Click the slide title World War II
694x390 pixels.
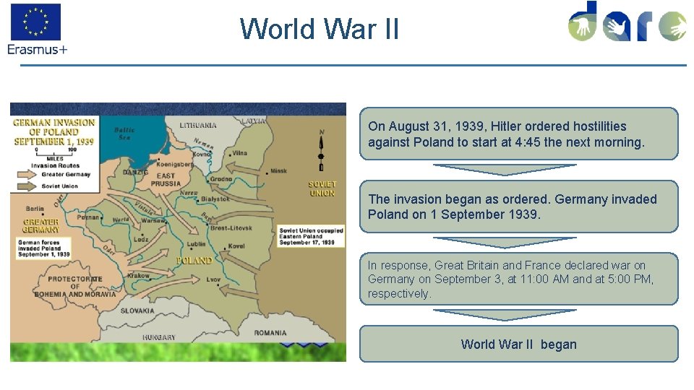pos(319,29)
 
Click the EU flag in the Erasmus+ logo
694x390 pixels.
pos(35,22)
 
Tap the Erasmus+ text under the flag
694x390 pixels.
pos(38,49)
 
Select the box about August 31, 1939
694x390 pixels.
pos(518,134)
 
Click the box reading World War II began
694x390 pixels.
pos(518,344)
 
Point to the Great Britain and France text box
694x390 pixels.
pos(518,279)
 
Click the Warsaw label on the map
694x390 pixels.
pos(154,220)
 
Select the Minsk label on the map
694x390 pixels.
pos(278,172)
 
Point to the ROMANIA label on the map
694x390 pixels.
pos(270,333)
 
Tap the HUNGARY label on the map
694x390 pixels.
pos(158,337)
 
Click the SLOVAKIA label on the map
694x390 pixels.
pos(137,311)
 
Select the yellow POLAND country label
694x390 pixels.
pos(194,260)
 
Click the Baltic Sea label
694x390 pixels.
pos(124,134)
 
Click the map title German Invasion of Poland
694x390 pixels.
pos(54,132)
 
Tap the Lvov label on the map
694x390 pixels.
pos(213,279)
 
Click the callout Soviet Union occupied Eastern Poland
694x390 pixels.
pos(311,236)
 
